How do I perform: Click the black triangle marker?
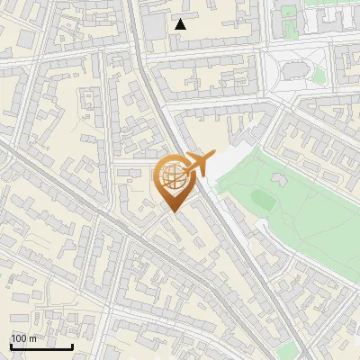click(x=181, y=24)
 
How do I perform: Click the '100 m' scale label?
click(x=23, y=338)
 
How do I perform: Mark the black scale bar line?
click(x=41, y=346)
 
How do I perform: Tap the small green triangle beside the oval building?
click(x=318, y=76)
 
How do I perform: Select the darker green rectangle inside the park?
click(x=262, y=198)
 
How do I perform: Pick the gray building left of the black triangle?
click(x=155, y=26)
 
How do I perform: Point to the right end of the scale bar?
click(x=72, y=346)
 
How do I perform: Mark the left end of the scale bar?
click(x=11, y=346)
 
